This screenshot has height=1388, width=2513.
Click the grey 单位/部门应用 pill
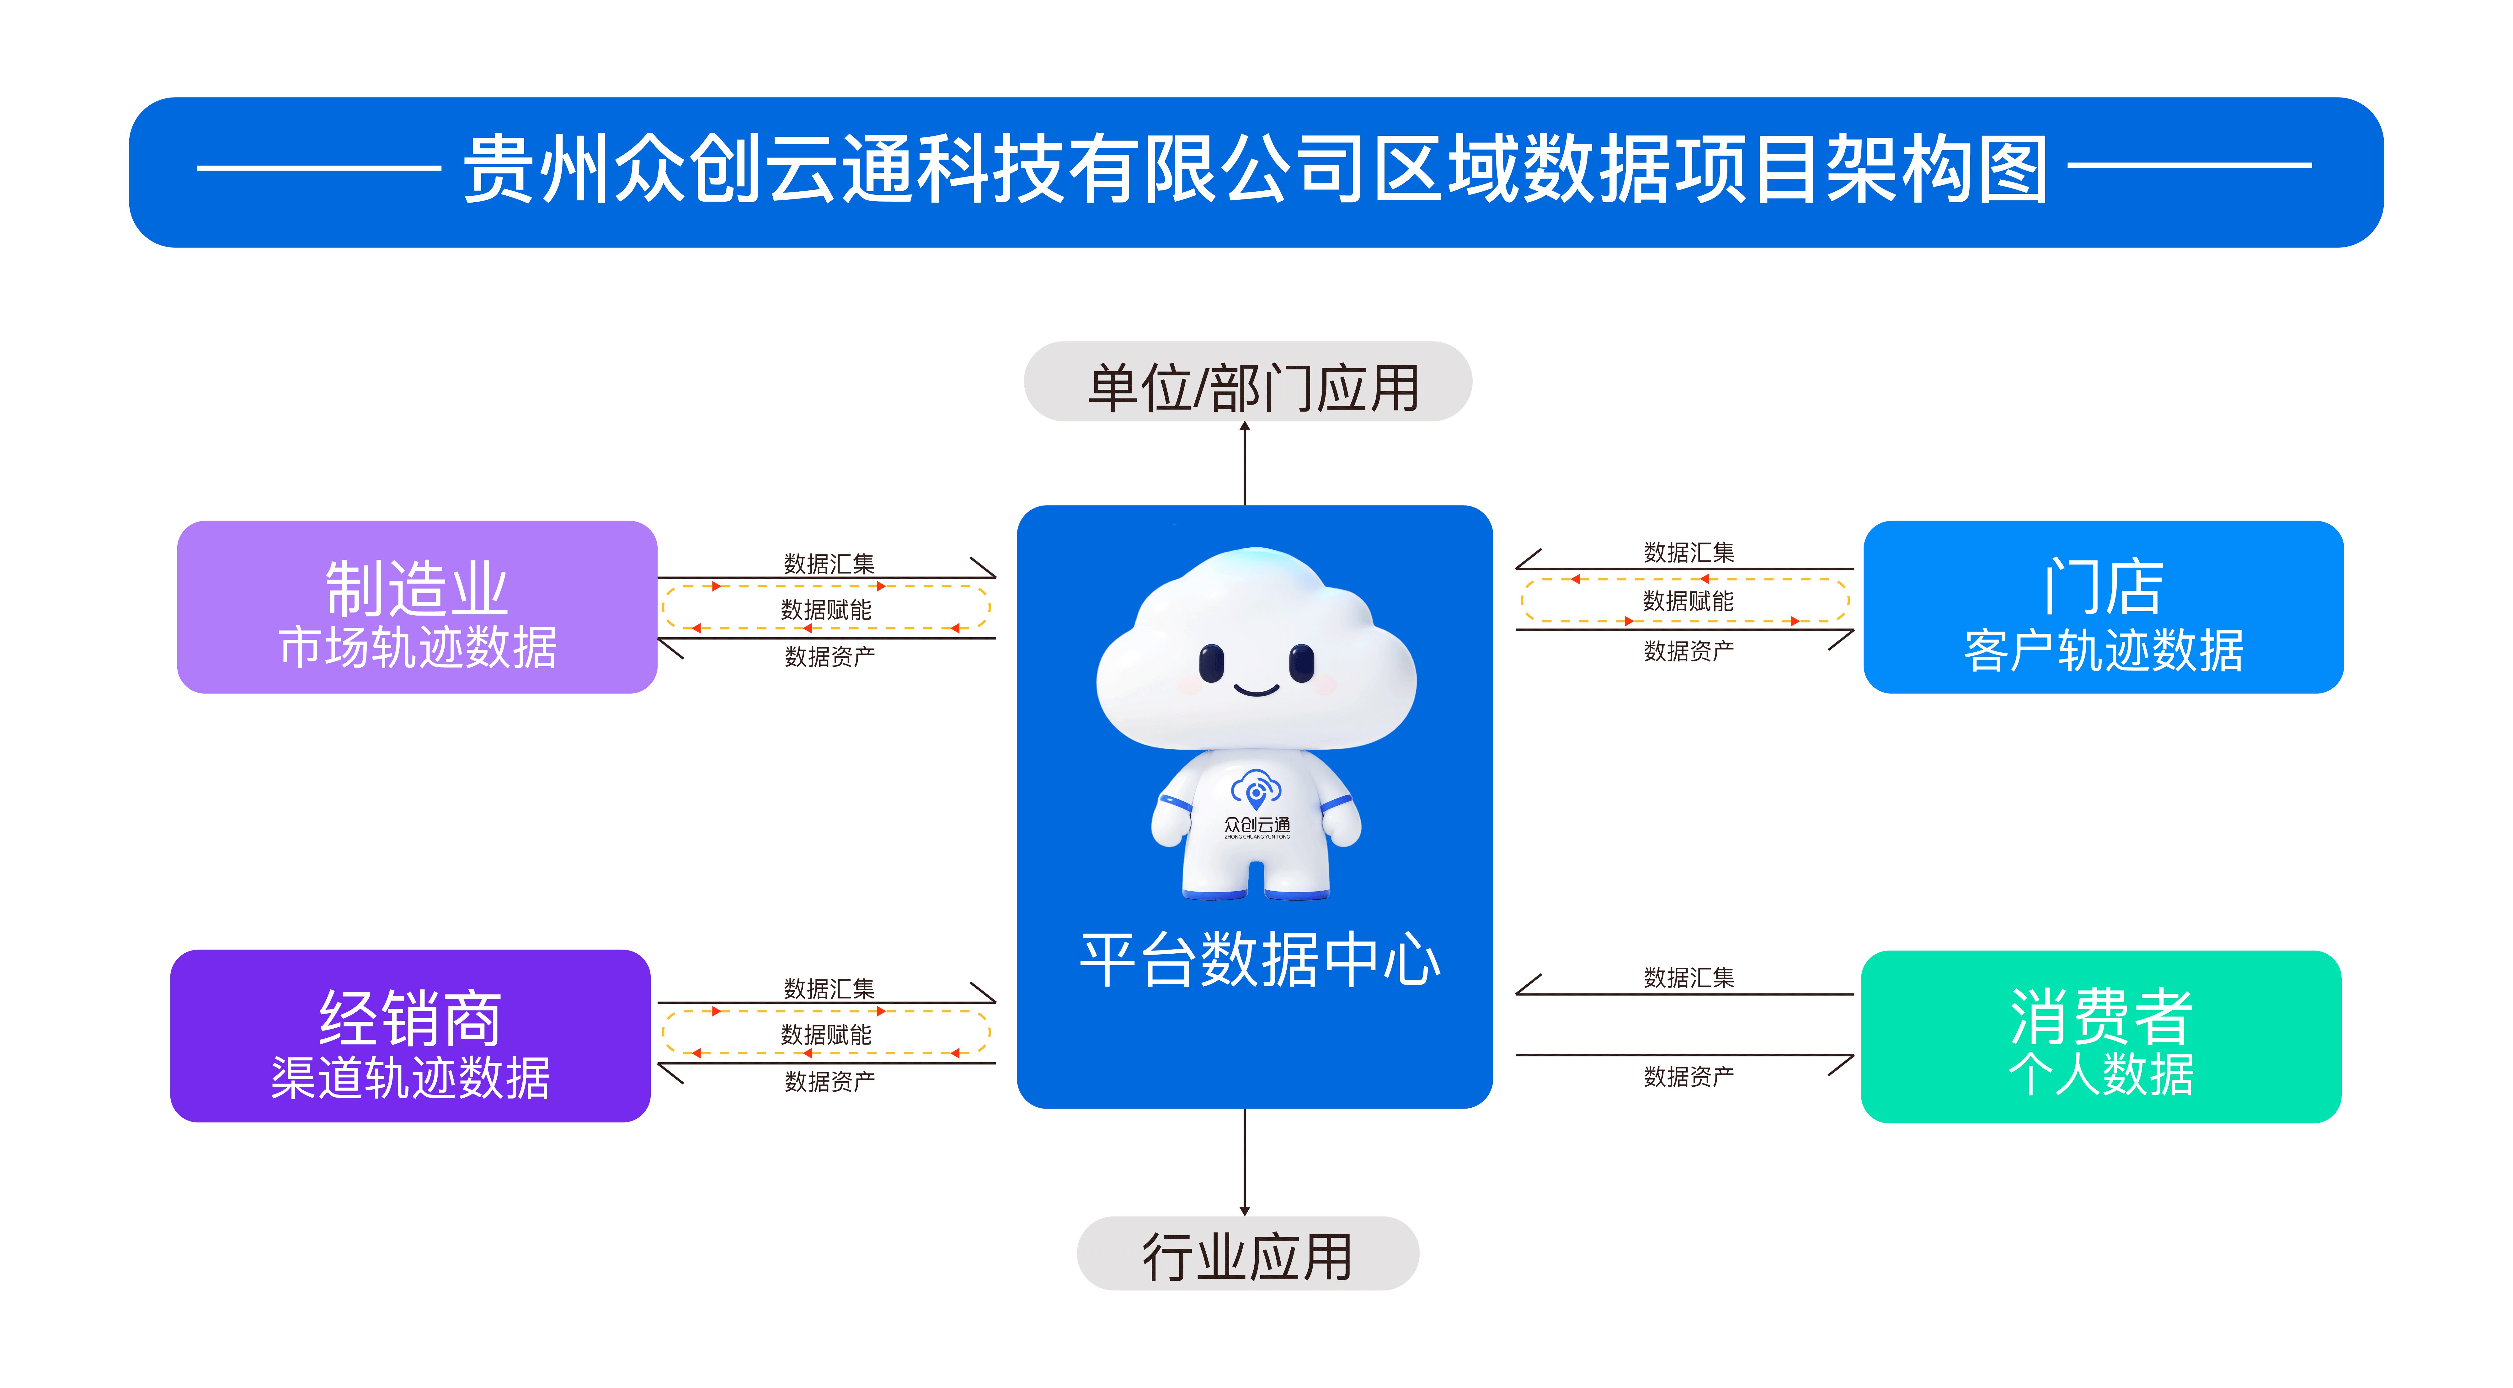coord(1248,382)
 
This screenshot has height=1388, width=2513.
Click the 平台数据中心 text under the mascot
coord(1258,960)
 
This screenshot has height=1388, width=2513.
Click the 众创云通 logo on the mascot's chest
coord(1256,805)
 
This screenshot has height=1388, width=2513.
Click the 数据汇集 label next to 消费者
coord(1689,977)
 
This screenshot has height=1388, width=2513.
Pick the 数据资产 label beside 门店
coord(1689,651)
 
